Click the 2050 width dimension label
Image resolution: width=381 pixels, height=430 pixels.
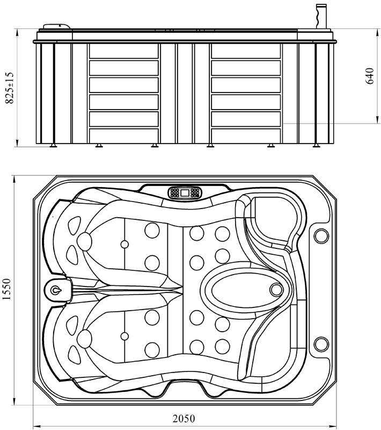[x=184, y=419]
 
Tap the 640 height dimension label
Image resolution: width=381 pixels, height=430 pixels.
[x=370, y=76]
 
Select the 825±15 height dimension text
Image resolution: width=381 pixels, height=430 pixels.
[x=9, y=88]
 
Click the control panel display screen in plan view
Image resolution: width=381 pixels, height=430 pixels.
[x=185, y=192]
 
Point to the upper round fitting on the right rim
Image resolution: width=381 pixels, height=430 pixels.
[x=321, y=236]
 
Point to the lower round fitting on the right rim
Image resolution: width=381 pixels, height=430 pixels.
[x=321, y=345]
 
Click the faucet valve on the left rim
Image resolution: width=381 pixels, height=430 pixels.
[x=56, y=290]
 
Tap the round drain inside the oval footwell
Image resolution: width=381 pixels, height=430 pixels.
[x=276, y=290]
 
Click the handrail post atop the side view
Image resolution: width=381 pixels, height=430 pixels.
[x=321, y=16]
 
